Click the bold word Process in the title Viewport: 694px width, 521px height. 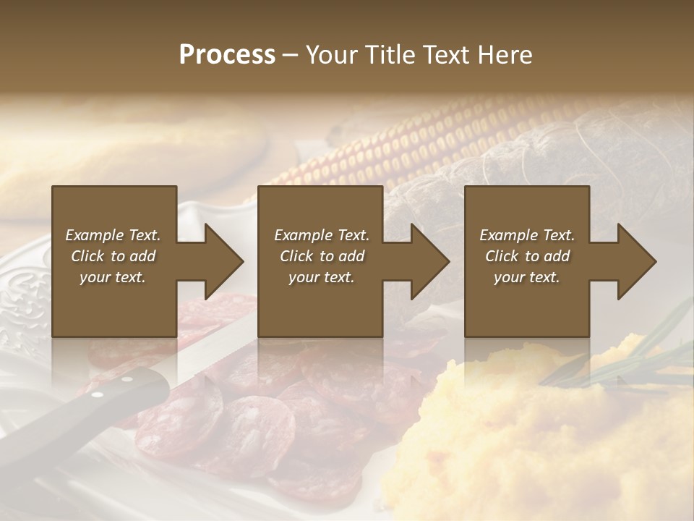coord(227,54)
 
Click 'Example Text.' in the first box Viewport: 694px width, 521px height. coord(113,235)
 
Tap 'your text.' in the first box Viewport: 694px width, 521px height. coord(113,277)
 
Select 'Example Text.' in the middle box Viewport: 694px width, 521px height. coord(322,235)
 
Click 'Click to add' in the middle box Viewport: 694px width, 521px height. coord(322,256)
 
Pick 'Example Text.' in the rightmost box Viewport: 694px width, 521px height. coord(527,235)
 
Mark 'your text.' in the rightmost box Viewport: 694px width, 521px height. coord(527,277)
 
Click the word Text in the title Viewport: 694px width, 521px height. coord(449,54)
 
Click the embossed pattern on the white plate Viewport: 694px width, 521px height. coord(22,304)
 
